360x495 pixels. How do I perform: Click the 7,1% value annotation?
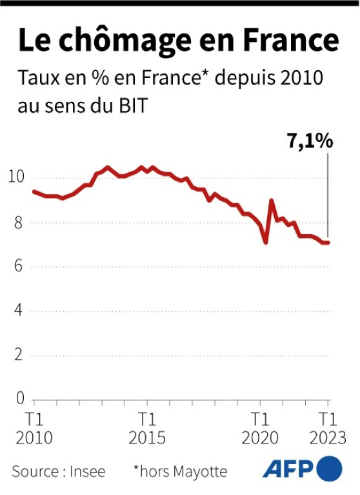pyautogui.click(x=310, y=141)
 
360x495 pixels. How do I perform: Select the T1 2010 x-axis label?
pyautogui.click(x=34, y=429)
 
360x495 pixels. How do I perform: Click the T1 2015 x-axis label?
pyautogui.click(x=147, y=429)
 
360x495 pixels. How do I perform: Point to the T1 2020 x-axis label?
pyautogui.click(x=260, y=429)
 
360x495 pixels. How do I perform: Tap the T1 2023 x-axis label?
pyautogui.click(x=328, y=429)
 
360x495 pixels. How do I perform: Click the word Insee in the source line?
pyautogui.click(x=87, y=471)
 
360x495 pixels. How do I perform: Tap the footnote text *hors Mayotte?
pyautogui.click(x=180, y=471)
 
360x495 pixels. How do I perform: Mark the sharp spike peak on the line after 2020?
pyautogui.click(x=271, y=200)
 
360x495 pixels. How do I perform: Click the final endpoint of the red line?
pyautogui.click(x=328, y=242)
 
